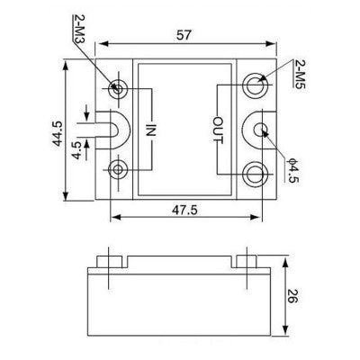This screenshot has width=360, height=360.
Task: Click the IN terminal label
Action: [x=152, y=129]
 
